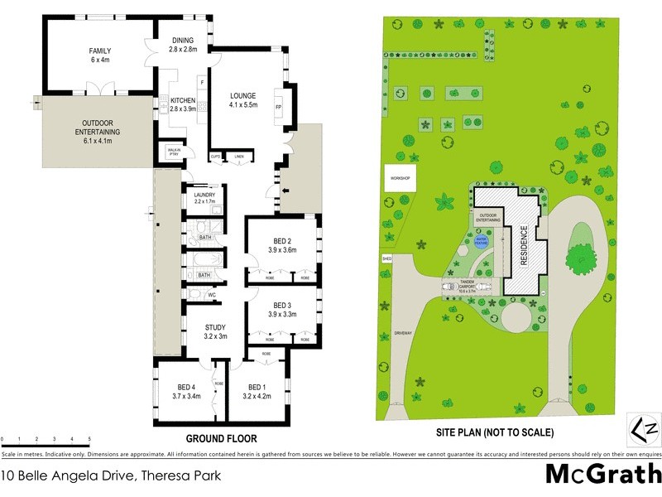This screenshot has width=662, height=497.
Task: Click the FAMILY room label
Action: click(100, 51)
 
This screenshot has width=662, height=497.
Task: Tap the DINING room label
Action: click(183, 41)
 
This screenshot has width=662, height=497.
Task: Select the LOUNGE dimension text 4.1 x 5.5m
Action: click(243, 105)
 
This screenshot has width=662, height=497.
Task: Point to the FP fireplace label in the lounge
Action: click(279, 108)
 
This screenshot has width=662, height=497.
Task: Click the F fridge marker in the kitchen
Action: click(201, 81)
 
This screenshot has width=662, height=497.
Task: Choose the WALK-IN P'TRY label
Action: click(174, 152)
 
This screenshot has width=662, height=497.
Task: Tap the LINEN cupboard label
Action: click(240, 156)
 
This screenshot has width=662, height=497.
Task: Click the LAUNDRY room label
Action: click(204, 195)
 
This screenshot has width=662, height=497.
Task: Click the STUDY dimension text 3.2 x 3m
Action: click(215, 336)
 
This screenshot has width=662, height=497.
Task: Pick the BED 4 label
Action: click(185, 388)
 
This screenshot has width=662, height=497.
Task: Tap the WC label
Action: click(212, 294)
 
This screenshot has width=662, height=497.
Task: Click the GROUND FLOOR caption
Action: click(221, 438)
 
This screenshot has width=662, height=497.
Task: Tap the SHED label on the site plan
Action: click(386, 259)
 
